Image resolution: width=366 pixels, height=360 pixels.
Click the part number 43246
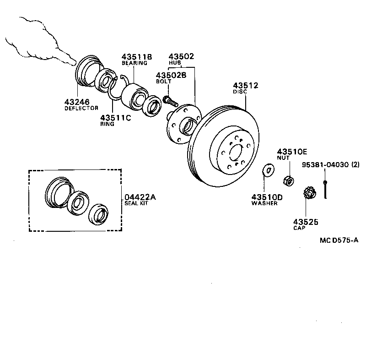point(76,102)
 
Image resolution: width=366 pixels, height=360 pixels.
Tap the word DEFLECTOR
point(81,109)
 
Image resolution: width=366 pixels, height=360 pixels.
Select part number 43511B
point(136,56)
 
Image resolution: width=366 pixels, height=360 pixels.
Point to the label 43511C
point(115,117)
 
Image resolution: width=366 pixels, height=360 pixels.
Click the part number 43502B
point(171,75)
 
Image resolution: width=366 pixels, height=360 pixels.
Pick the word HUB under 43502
point(174,63)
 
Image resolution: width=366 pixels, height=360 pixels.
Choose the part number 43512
point(246,85)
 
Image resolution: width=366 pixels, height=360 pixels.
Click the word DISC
point(240,92)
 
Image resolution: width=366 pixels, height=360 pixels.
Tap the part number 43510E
point(291,151)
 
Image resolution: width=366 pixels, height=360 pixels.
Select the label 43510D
point(267,197)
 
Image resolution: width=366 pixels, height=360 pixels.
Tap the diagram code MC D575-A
point(339,240)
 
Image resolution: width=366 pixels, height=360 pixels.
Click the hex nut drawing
point(289,181)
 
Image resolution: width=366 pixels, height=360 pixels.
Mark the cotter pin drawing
point(325,190)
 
